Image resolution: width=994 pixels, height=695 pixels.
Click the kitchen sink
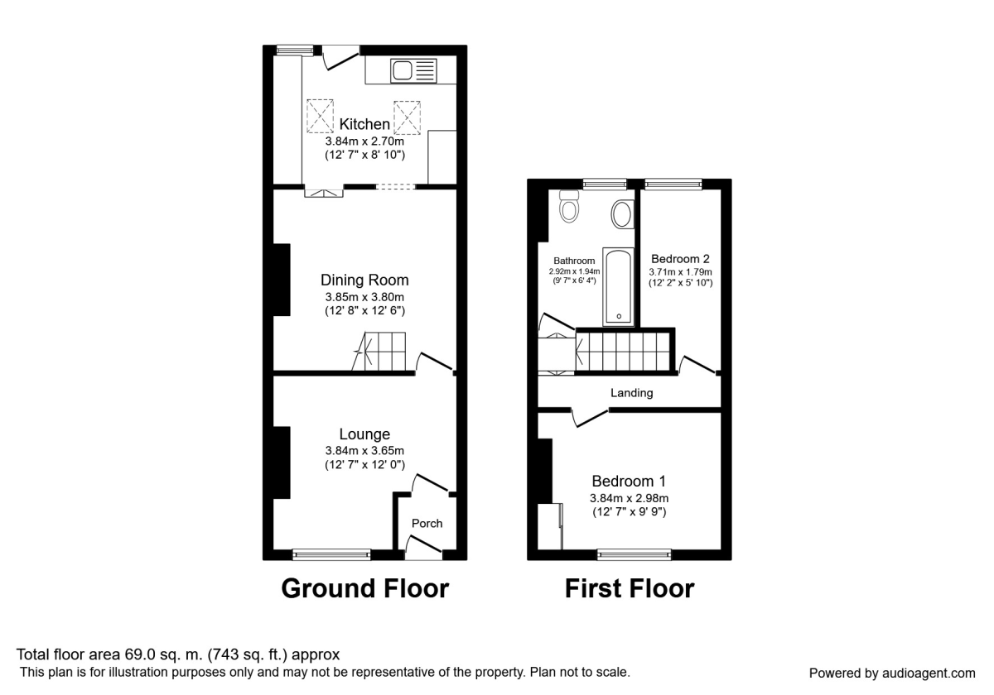click(412, 70)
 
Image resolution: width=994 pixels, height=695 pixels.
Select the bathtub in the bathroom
click(619, 285)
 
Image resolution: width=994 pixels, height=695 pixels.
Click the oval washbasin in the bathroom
click(621, 216)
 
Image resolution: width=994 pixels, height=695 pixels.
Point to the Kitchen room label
click(364, 124)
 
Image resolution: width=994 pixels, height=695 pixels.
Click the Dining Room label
click(364, 280)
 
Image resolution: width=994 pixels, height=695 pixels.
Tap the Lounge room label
click(364, 434)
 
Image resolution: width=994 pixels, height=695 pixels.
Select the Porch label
click(427, 523)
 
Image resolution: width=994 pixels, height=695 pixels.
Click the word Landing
click(631, 393)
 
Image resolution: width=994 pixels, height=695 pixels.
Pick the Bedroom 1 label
click(629, 481)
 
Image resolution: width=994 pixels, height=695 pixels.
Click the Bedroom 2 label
click(680, 258)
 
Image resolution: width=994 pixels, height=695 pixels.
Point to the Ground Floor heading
click(364, 588)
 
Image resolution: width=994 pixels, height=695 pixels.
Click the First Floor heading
click(629, 588)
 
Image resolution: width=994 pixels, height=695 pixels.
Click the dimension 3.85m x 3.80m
click(364, 297)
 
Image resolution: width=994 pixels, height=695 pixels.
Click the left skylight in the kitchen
click(319, 117)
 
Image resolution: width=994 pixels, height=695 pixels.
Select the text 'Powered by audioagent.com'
click(892, 673)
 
